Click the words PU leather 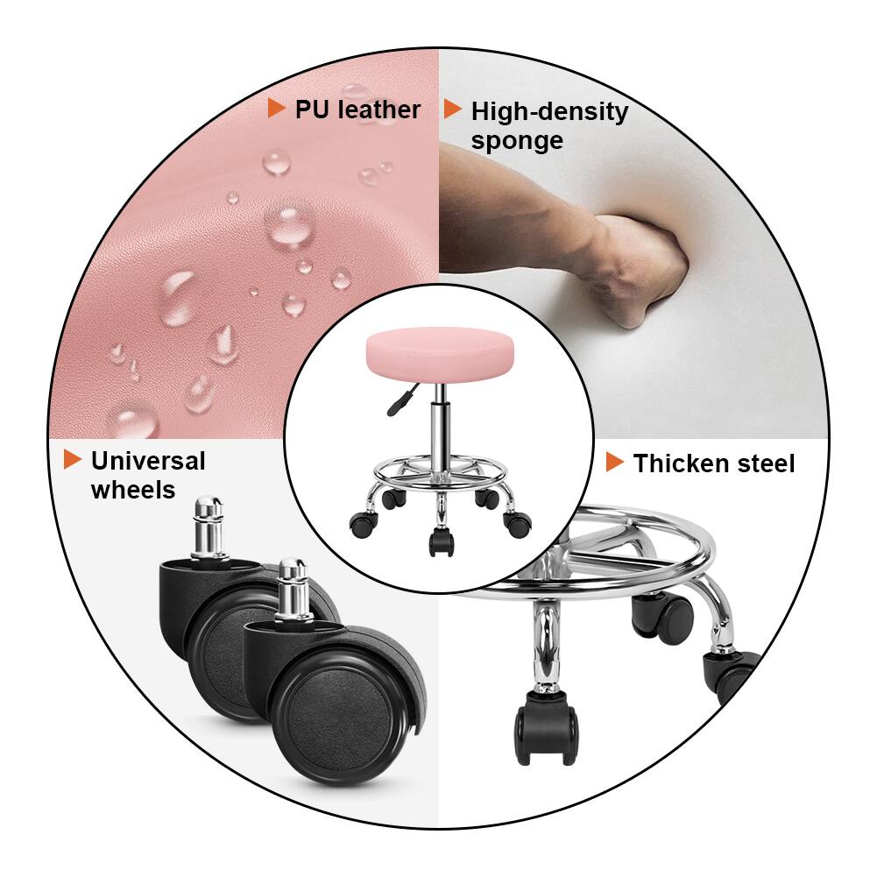point(357,110)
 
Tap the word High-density point(549,112)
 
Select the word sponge point(517,140)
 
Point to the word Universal point(148,461)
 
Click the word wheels point(133,490)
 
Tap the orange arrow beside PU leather point(277,109)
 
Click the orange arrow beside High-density point(453,110)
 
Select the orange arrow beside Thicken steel point(615,462)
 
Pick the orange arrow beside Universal point(73,459)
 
